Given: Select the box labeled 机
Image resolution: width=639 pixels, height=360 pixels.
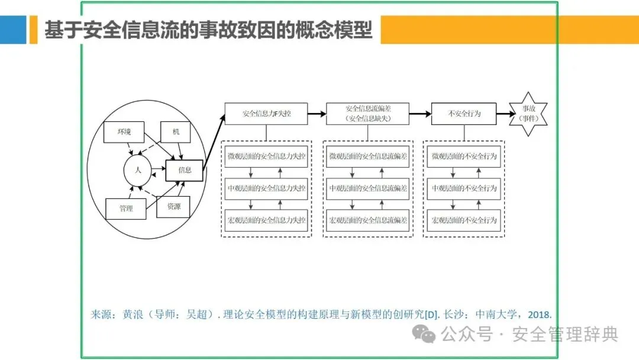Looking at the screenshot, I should [x=176, y=131].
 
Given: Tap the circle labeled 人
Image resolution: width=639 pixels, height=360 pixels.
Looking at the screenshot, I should [x=137, y=170].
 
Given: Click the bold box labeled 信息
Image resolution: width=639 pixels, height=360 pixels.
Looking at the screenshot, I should [x=185, y=170].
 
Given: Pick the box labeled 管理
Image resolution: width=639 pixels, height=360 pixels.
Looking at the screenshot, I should [x=125, y=208].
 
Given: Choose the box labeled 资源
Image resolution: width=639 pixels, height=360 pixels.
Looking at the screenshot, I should [x=173, y=207].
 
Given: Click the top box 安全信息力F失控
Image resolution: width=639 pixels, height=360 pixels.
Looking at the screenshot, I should [x=266, y=113].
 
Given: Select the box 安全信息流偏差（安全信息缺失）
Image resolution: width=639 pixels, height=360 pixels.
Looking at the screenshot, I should [x=367, y=113].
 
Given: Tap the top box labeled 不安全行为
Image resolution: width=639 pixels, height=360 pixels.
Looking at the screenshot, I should [x=464, y=113].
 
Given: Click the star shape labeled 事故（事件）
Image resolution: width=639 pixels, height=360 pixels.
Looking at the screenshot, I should [x=528, y=114].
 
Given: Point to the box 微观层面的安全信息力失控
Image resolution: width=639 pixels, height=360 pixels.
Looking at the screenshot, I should [x=266, y=156].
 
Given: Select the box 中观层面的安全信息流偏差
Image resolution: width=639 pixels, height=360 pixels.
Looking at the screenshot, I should [x=367, y=188].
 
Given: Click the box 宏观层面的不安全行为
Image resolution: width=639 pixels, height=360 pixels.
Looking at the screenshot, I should [x=464, y=220].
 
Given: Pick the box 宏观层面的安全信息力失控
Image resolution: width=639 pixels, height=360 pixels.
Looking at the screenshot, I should [x=266, y=220].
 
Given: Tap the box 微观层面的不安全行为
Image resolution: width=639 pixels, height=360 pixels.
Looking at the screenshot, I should [x=464, y=156].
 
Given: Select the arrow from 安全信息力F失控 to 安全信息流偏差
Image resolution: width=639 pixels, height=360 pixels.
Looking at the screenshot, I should [x=317, y=113].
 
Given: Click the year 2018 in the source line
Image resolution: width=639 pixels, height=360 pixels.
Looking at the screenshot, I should [x=538, y=315].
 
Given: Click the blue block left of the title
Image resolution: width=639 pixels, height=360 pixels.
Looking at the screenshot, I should [x=13, y=30].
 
